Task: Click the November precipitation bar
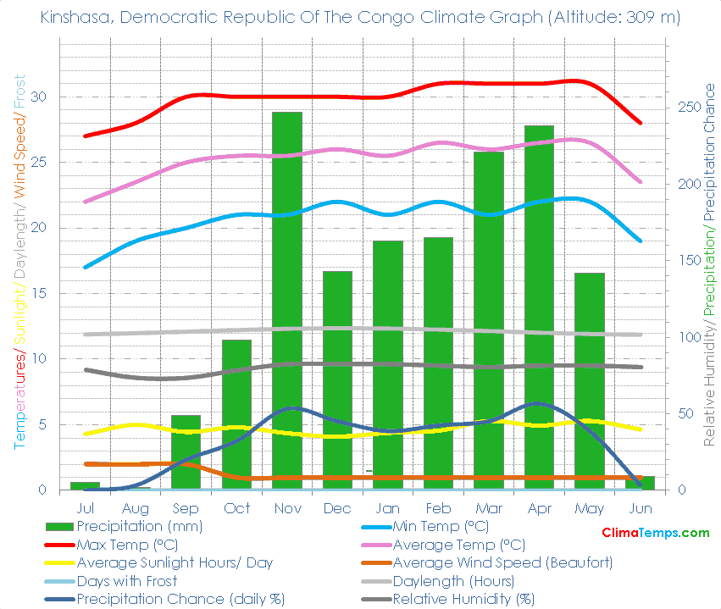[286, 301]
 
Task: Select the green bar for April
[539, 307]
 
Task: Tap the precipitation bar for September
[186, 452]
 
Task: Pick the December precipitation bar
[337, 380]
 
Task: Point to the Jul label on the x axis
[85, 508]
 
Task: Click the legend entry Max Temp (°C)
[126, 545]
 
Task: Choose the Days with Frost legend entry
[126, 581]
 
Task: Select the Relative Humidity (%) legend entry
[463, 600]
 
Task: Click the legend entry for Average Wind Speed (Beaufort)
[502, 562]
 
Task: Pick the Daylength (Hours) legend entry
[453, 581]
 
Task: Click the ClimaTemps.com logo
[655, 533]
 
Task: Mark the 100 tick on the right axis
[687, 337]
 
